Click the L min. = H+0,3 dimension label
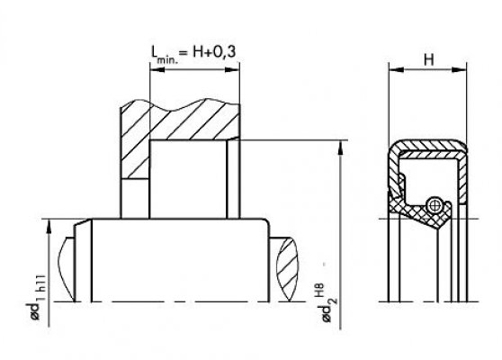point(193,53)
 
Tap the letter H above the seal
point(429,59)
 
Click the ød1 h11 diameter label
point(35,297)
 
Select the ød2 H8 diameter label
point(326,303)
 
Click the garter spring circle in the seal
point(435,205)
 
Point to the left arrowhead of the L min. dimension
point(157,69)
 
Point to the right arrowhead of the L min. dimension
point(232,69)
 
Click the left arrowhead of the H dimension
point(397,69)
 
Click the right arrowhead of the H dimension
point(459,69)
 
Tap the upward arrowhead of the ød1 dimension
point(49,227)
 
